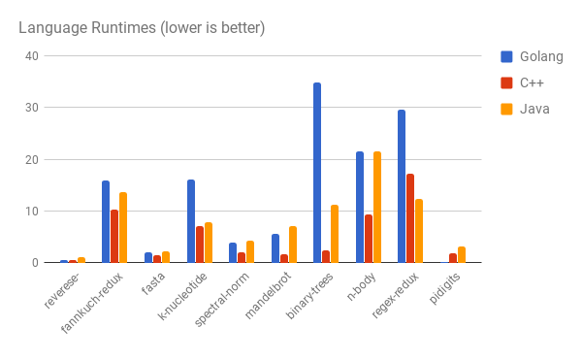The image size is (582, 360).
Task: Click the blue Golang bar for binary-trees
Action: coord(317,173)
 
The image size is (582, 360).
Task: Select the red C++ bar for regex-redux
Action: coord(410,218)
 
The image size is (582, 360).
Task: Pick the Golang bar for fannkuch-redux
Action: coord(106,221)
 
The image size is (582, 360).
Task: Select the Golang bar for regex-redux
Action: coord(402,186)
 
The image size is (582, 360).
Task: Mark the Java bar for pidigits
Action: coord(462,254)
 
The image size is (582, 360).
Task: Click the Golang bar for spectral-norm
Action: coord(233,252)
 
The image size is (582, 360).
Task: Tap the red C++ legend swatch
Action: coord(507,82)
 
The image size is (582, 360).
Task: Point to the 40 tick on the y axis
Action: coord(32,56)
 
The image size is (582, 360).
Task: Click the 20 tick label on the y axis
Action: coord(32,159)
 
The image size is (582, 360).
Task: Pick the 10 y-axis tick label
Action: coord(32,211)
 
